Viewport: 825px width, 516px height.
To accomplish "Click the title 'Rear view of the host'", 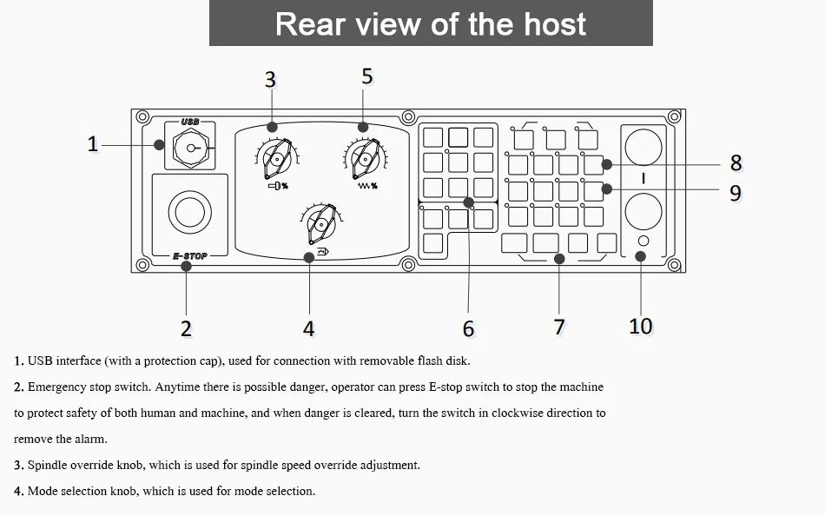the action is tap(431, 23).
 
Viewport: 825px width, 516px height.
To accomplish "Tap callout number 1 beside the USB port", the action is tap(93, 143).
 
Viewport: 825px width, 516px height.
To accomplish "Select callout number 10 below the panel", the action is tap(640, 326).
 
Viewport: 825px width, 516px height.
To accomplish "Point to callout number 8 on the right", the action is tap(736, 162).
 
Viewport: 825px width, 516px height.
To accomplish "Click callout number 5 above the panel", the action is tap(367, 76).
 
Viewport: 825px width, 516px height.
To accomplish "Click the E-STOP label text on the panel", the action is tap(190, 256).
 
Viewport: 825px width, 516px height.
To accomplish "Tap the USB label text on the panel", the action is tap(190, 122).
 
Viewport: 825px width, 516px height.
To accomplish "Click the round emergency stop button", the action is tap(190, 212).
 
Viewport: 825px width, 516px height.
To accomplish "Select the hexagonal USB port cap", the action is tap(191, 149).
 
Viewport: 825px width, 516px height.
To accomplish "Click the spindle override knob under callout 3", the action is tap(277, 158).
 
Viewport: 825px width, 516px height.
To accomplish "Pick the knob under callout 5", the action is tap(365, 158).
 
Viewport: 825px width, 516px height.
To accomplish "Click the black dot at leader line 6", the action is tap(468, 202).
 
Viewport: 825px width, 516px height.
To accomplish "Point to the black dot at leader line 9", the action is tap(607, 189).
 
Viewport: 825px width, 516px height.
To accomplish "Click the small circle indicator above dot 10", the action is tap(643, 241).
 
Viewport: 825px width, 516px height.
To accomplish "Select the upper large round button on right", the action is tap(643, 147).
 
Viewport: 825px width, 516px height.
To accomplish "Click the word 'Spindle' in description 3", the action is tap(47, 466).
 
